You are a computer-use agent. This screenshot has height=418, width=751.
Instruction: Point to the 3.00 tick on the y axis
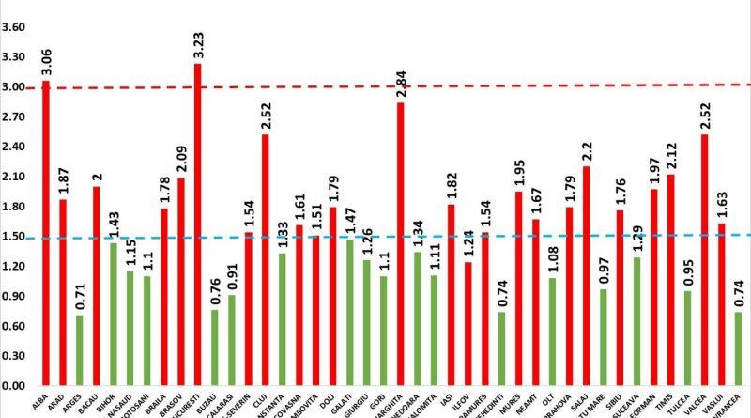[x=14, y=87]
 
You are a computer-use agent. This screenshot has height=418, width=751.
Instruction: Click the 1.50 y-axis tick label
[x=14, y=237]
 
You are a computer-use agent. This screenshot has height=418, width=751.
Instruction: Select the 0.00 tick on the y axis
[x=14, y=386]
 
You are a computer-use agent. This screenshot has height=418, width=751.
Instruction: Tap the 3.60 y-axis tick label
[x=14, y=27]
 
